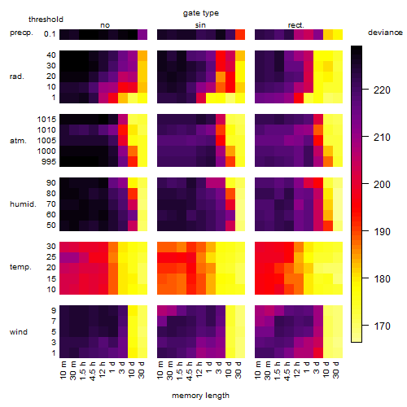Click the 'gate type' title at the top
coord(201,13)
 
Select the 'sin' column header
coord(200,25)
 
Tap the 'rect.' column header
coord(296,25)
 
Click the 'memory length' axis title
coord(200,396)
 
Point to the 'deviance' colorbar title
coord(385,33)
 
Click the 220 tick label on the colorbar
coord(382,90)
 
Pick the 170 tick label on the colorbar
coord(382,326)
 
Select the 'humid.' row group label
coord(23,204)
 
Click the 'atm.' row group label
coord(18,141)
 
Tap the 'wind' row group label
coord(19,332)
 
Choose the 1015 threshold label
coord(46,120)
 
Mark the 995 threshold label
coord(49,162)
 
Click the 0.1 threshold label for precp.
coord(50,34)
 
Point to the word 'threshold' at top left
coord(46,20)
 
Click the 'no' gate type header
coord(105,25)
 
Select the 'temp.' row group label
coord(20,267)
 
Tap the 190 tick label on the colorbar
coord(382,232)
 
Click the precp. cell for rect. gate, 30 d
coord(338,34)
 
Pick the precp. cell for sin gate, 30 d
coord(240,34)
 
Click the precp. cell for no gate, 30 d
coord(142,34)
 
